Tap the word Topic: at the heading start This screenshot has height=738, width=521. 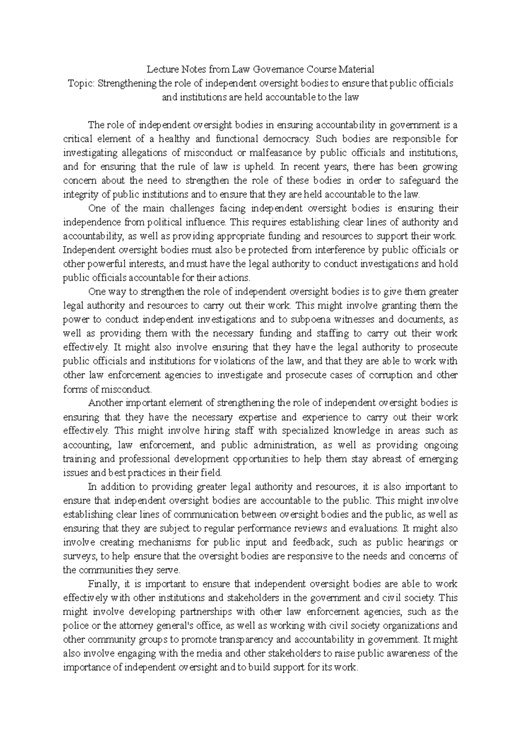81,83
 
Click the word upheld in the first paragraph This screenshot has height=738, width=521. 262,167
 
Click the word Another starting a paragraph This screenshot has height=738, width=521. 104,403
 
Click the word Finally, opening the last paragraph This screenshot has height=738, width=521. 102,584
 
